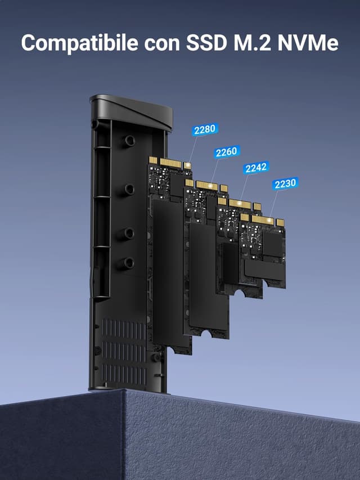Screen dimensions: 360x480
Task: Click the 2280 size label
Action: (x=205, y=129)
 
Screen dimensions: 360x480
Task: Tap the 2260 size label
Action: (x=226, y=152)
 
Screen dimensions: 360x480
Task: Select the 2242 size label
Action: (x=256, y=168)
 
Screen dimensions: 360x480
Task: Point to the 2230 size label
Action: (x=285, y=183)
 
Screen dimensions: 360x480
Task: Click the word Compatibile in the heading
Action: (x=79, y=43)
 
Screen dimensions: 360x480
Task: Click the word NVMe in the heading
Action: (x=308, y=43)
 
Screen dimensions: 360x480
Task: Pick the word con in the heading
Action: (x=162, y=44)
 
